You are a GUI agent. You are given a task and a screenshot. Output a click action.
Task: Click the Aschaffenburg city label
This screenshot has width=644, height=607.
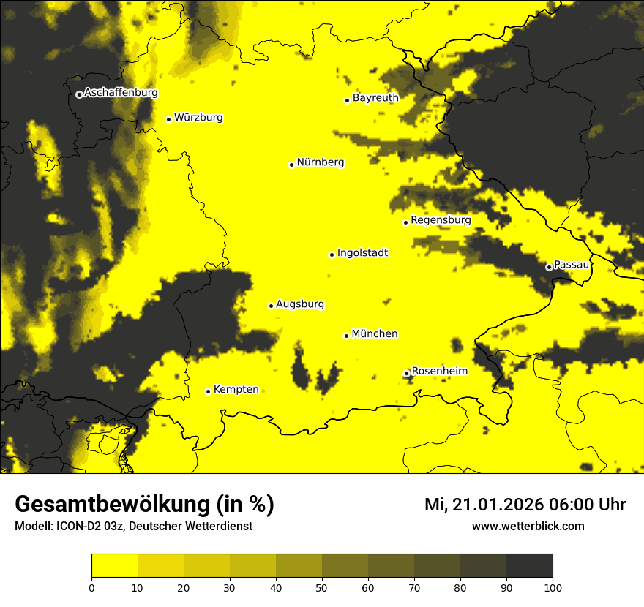(x=121, y=93)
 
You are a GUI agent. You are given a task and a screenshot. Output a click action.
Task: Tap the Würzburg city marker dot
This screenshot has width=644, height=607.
(x=168, y=119)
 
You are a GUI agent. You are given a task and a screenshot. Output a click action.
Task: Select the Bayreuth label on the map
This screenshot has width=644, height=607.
(x=375, y=98)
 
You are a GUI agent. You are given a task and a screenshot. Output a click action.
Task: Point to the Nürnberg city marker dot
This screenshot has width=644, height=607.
(x=291, y=165)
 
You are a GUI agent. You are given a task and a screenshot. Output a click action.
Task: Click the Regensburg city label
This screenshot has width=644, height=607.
(x=441, y=220)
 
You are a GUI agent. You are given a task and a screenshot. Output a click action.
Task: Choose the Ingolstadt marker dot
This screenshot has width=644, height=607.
(x=332, y=255)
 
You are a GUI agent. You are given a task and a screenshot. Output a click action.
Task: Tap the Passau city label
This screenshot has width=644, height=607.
(x=572, y=265)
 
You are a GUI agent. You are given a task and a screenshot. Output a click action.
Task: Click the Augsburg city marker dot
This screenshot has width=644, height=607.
(x=271, y=306)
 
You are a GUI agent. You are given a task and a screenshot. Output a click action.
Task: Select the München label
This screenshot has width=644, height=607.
(x=375, y=334)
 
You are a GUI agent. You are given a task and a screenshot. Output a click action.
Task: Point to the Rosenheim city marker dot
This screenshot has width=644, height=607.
(x=407, y=374)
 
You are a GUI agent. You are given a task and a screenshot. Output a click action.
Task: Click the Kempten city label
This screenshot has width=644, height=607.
(x=236, y=390)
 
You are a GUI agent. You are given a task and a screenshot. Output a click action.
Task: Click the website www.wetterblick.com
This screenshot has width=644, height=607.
(x=528, y=527)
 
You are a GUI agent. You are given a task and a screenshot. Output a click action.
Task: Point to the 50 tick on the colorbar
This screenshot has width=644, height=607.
(x=322, y=587)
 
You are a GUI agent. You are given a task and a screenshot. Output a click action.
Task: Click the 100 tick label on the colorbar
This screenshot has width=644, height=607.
(x=553, y=587)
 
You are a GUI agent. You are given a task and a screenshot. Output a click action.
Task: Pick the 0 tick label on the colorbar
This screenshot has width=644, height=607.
(x=91, y=587)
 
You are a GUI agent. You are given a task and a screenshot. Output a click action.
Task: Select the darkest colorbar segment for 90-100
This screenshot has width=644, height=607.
(x=529, y=566)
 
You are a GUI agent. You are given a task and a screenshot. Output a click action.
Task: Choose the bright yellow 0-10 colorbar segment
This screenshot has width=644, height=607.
(x=114, y=566)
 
